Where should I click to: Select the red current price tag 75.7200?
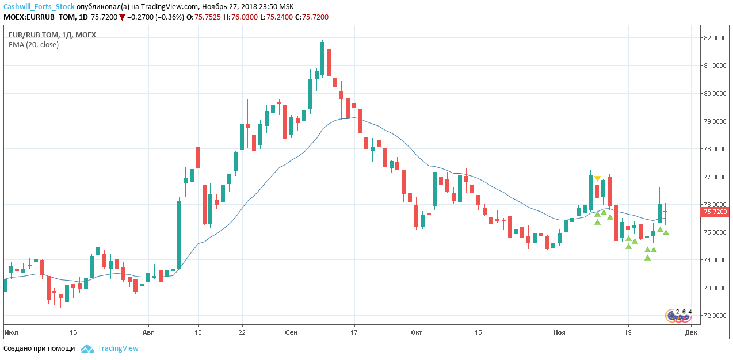point(716,212)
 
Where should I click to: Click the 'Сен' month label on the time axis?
point(292,332)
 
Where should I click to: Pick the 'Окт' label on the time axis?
point(417,332)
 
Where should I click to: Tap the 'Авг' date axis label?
point(148,332)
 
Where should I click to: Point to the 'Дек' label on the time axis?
point(691,332)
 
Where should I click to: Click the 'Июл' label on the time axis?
point(10,332)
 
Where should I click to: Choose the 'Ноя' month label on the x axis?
point(559,332)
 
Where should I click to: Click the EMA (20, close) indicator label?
point(33,45)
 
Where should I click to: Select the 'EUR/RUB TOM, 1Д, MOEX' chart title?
point(52,35)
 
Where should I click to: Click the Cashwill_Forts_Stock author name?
point(39,7)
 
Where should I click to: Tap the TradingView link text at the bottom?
point(118,348)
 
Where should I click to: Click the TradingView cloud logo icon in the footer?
point(87,348)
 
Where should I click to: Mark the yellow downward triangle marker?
point(597,179)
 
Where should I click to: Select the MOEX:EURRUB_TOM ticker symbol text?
point(39,17)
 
